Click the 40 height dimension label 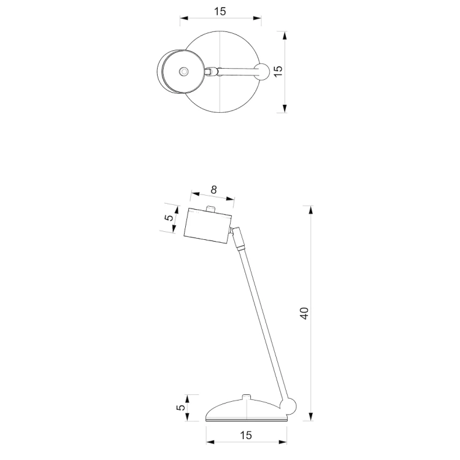point(304,313)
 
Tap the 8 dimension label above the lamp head point(213,190)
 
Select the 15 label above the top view point(220,12)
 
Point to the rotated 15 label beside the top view point(278,71)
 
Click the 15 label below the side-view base point(246,435)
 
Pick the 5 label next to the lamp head point(169,217)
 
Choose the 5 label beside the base point(181,407)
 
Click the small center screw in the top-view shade point(183,71)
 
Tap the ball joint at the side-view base point(288,406)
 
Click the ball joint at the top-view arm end point(261,71)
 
